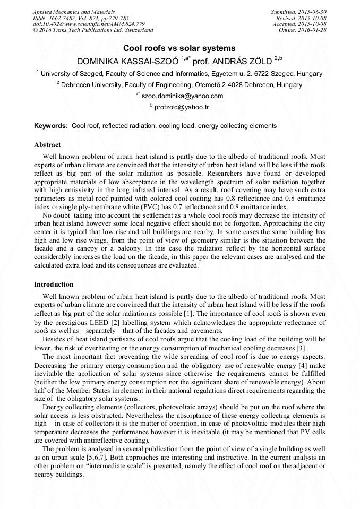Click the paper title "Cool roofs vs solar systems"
(x=179, y=48)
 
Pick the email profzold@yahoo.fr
(x=181, y=107)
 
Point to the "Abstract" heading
(x=47, y=145)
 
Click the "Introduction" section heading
(x=54, y=284)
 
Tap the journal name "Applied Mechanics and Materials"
(x=73, y=12)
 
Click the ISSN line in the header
(x=81, y=18)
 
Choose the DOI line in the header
(x=89, y=24)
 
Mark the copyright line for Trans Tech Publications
(x=93, y=31)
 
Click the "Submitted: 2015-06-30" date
(x=298, y=12)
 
